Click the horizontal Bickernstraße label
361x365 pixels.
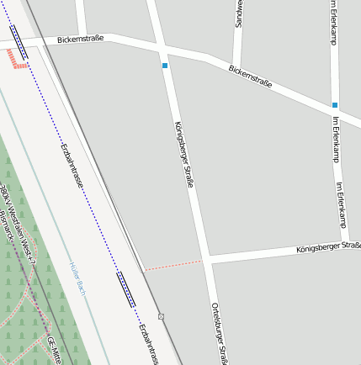tap(82, 40)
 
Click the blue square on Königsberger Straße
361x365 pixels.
tap(165, 66)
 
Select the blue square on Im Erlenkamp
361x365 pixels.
tap(335, 105)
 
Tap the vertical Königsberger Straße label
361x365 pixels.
tap(183, 154)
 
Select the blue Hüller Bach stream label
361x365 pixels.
tap(77, 278)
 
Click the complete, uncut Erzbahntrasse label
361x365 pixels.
tap(72, 165)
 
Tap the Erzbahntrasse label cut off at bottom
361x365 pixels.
tap(149, 344)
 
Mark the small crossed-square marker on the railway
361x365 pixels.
tap(161, 317)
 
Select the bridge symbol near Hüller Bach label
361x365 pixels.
tap(126, 290)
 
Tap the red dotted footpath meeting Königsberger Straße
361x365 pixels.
tap(173, 265)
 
